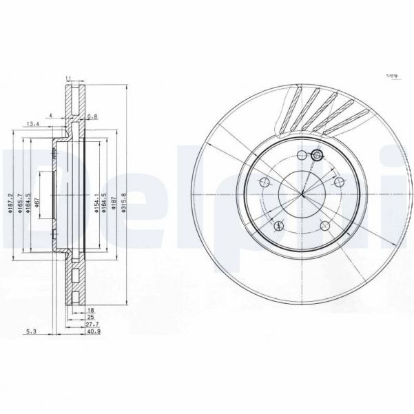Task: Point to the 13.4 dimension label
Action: point(32,124)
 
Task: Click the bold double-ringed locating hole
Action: point(317,156)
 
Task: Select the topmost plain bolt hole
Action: point(301,154)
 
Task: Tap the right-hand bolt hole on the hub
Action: point(339,182)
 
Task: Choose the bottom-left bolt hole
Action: point(279,225)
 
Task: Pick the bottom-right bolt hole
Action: point(325,225)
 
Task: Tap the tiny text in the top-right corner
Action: point(393,76)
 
